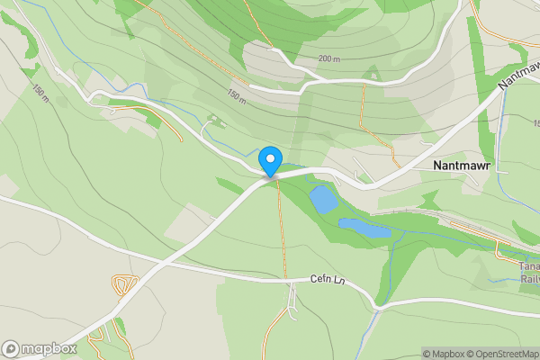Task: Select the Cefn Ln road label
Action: [x=327, y=280]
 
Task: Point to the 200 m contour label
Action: [x=329, y=59]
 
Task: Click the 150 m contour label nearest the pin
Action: [x=236, y=95]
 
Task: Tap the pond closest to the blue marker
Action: [x=321, y=198]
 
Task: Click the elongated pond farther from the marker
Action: [x=364, y=228]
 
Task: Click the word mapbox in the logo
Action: [x=49, y=348]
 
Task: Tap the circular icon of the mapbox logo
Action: [x=11, y=348]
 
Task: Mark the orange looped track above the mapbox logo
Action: [x=122, y=286]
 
